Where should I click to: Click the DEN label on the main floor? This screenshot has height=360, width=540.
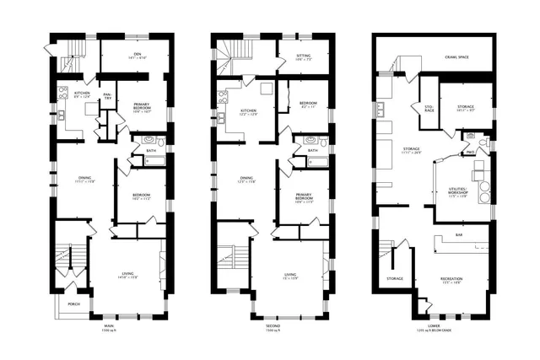pyautogui.click(x=137, y=55)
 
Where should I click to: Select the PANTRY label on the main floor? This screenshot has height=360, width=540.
pyautogui.click(x=107, y=96)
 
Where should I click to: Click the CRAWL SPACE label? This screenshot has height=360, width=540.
pyautogui.click(x=457, y=57)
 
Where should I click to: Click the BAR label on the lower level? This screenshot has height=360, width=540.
pyautogui.click(x=458, y=234)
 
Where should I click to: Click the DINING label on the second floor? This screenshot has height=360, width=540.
pyautogui.click(x=246, y=178)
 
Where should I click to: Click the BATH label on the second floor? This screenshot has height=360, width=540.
pyautogui.click(x=313, y=150)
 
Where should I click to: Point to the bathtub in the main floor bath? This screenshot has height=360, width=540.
pyautogui.click(x=154, y=161)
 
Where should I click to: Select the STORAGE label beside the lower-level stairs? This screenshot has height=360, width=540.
pyautogui.click(x=395, y=278)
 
